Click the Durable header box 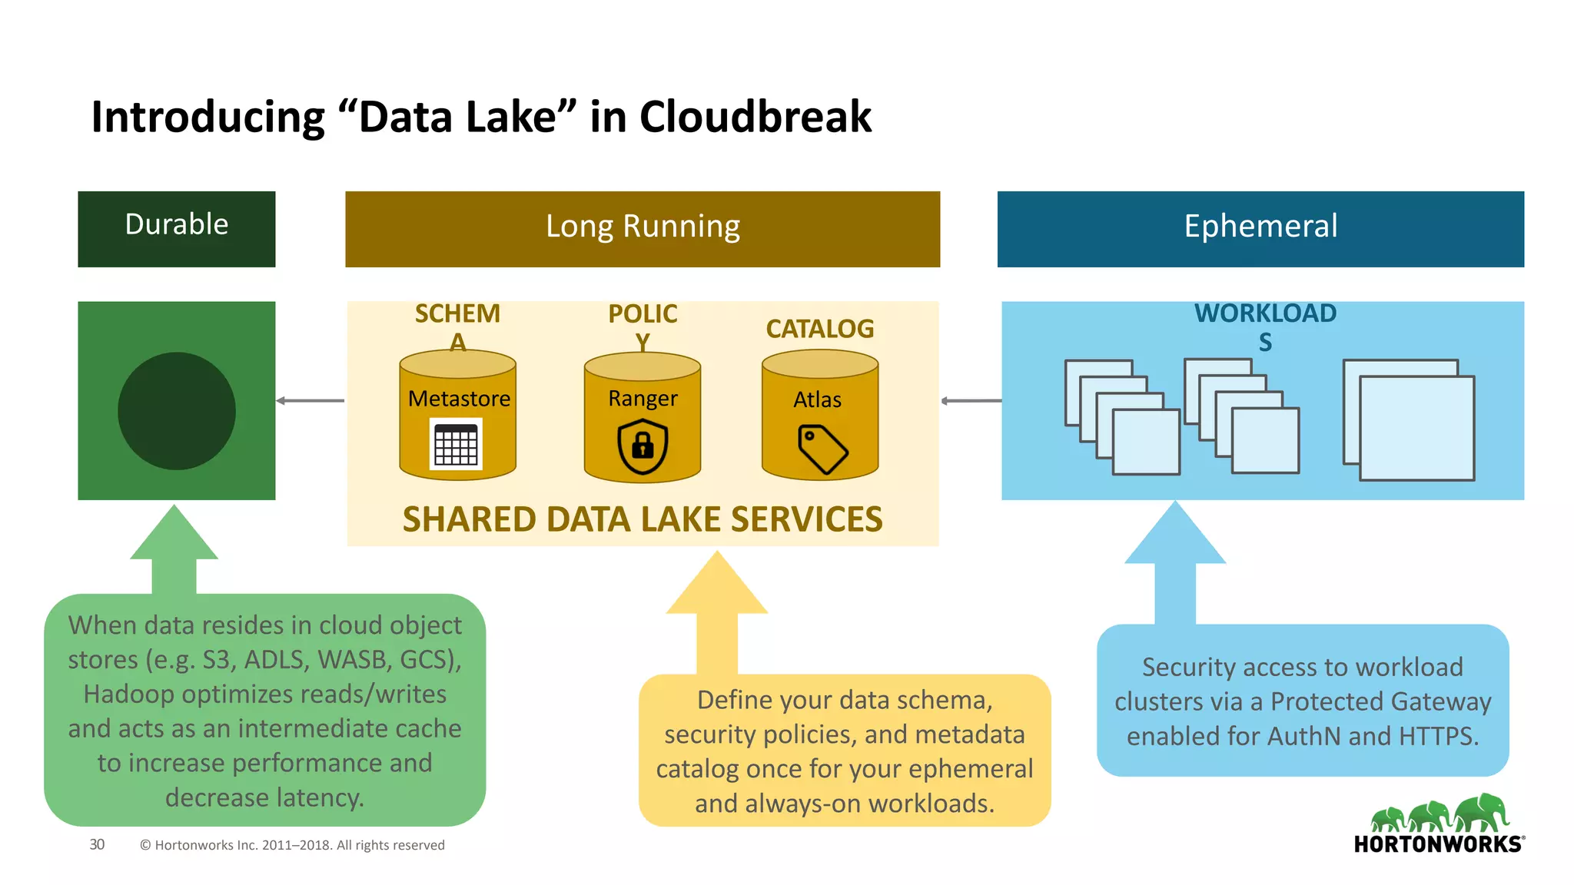click(176, 229)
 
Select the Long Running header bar click(643, 229)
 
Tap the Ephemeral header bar click(1260, 229)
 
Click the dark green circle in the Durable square click(176, 411)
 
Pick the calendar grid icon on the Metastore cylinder click(456, 444)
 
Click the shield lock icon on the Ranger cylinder click(643, 446)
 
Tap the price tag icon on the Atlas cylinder click(822, 449)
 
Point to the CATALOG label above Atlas click(820, 329)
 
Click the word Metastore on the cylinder click(459, 399)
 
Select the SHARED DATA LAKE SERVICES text click(643, 519)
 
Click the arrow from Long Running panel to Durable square click(310, 400)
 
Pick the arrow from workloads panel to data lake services click(971, 400)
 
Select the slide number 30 click(97, 844)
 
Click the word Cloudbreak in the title click(755, 117)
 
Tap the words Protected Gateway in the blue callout click(1380, 701)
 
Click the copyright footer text click(292, 845)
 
